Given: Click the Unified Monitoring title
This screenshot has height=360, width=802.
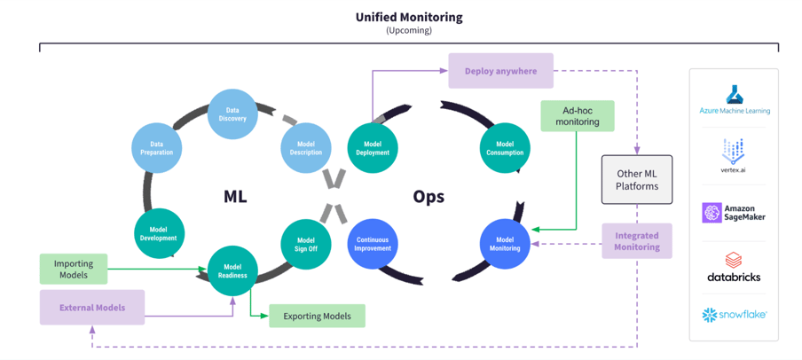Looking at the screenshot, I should tap(409, 17).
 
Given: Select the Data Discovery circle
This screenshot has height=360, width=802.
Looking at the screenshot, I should tap(232, 113).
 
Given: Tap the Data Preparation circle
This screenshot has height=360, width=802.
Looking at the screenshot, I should tap(156, 147).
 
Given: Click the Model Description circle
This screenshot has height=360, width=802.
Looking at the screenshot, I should tap(306, 147).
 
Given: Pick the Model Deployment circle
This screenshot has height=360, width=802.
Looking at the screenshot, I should tap(373, 147).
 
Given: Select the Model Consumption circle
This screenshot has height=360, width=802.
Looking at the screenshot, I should tap(504, 147).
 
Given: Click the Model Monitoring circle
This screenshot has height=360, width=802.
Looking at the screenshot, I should tap(504, 244).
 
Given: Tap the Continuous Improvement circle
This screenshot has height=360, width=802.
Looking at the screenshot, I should tap(373, 244).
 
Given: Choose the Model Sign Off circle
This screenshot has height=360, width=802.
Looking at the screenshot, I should tap(306, 244).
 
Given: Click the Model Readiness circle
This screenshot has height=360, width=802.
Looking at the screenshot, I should tap(232, 270).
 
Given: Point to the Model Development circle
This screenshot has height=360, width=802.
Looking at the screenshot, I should tap(158, 233).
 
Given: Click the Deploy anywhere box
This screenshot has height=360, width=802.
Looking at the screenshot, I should tap(500, 71).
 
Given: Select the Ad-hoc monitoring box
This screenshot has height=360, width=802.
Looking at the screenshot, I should tap(577, 115).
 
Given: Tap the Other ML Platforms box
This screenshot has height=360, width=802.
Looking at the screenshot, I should tap(636, 179).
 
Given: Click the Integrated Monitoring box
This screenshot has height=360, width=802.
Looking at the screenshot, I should tap(636, 240).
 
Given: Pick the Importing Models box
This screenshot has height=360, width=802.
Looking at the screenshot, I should tap(74, 269).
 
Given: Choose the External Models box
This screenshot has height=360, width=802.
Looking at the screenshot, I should tap(92, 308).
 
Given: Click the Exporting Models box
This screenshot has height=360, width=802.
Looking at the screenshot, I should tap(317, 316).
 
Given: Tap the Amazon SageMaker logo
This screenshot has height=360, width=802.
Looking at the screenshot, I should tap(733, 213).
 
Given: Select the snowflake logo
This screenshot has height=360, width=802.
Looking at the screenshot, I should tap(733, 314).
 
